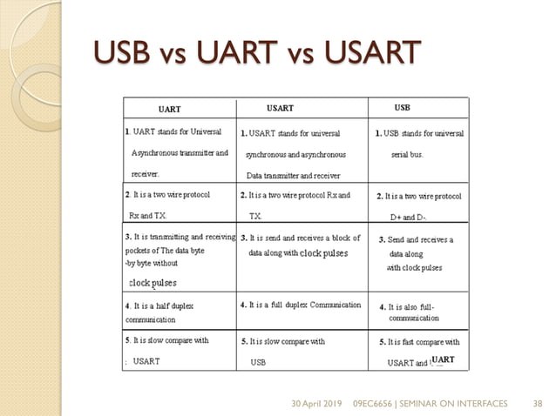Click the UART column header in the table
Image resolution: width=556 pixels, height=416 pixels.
(x=169, y=110)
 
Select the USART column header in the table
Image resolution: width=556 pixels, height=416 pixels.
(x=280, y=109)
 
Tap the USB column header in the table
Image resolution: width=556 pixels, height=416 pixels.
(x=403, y=108)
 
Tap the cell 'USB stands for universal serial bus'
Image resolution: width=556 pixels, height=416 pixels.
(x=419, y=144)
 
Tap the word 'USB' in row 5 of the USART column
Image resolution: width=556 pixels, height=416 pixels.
(x=258, y=361)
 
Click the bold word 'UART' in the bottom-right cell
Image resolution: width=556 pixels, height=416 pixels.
(x=443, y=359)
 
